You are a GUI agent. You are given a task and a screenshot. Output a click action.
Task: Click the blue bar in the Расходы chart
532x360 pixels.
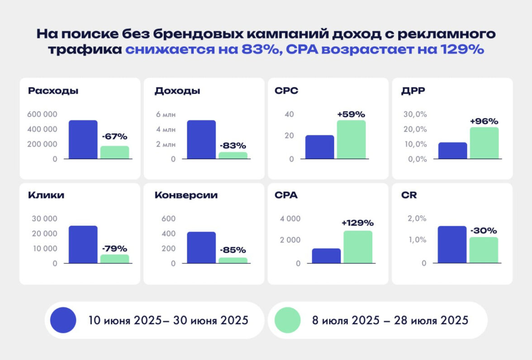[x=83, y=139]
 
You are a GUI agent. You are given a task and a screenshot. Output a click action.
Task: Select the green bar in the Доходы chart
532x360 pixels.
[x=233, y=155]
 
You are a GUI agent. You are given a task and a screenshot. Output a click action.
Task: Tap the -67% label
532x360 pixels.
[x=114, y=137]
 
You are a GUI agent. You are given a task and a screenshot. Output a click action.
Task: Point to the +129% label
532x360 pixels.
[x=357, y=223]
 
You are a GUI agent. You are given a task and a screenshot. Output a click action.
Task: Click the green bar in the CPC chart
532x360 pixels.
[x=351, y=139]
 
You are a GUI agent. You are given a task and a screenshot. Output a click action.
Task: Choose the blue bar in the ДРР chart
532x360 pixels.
[x=452, y=151]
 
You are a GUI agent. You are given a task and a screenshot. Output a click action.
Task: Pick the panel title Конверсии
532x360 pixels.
[x=186, y=195]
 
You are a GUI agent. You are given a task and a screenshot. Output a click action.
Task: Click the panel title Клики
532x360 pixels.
[x=46, y=195]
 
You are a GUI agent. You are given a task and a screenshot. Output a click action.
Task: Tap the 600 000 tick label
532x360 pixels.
[x=42, y=114]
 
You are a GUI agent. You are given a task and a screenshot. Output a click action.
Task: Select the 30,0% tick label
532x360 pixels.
[x=415, y=114]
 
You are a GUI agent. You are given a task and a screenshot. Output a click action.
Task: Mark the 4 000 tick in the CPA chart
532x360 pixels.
[x=290, y=219]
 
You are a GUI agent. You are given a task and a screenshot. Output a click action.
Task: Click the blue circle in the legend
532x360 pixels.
[x=63, y=320]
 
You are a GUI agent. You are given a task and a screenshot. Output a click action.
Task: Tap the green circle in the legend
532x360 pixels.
[x=287, y=320]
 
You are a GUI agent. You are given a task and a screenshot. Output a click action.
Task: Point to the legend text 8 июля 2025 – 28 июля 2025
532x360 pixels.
[x=390, y=321]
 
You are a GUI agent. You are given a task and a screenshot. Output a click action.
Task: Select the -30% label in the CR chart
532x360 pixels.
[x=484, y=231]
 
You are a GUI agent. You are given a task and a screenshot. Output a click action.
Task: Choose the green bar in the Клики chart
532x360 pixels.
[x=114, y=259]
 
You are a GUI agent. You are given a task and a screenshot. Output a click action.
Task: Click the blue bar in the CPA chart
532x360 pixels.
[x=326, y=256]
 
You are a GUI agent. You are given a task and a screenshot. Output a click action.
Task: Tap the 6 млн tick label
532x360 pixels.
[x=166, y=114]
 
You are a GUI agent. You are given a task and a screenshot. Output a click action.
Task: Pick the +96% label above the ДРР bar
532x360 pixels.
[x=484, y=121]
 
